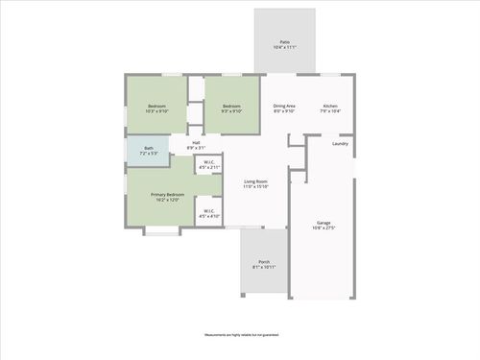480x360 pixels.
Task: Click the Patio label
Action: pos(284,42)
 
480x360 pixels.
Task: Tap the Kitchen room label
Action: pos(330,106)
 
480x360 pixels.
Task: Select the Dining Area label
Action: pos(284,106)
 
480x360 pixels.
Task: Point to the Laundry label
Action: pos(340,144)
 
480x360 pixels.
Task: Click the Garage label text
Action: pos(324,223)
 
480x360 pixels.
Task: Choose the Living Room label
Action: pos(254,181)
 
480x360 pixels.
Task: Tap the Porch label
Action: pos(263,262)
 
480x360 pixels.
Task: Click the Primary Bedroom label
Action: pos(167,195)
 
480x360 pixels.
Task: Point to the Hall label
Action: pos(196,143)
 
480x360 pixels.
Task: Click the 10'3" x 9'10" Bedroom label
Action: pos(156,106)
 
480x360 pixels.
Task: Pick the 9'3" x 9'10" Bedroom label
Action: pos(231,106)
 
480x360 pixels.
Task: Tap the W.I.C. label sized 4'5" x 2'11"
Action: pos(209,162)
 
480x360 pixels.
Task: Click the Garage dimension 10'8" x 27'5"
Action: pos(324,228)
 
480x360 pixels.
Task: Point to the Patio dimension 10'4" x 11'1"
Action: pos(284,48)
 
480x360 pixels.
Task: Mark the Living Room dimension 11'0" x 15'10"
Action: pos(254,187)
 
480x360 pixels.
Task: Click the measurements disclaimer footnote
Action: pos(240,335)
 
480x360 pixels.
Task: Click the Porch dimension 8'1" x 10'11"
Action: pos(263,268)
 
